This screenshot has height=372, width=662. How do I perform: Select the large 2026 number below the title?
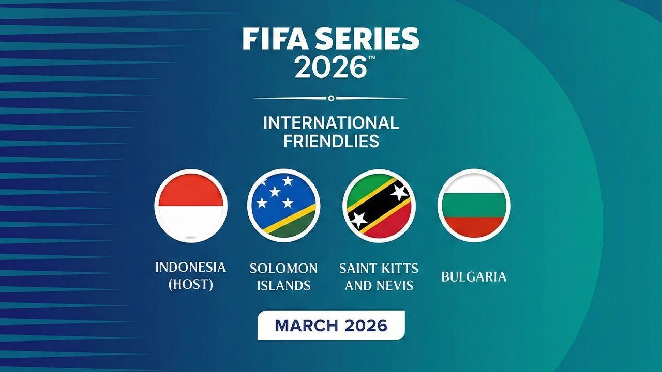click(330, 67)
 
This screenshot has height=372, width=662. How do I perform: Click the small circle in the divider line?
click(331, 98)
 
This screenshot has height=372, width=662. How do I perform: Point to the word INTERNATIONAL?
click(331, 123)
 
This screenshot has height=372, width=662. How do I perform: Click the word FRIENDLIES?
click(331, 141)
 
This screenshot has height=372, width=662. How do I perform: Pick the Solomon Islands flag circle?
click(283, 206)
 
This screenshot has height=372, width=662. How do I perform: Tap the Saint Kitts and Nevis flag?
click(379, 206)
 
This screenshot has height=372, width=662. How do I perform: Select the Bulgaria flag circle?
click(474, 206)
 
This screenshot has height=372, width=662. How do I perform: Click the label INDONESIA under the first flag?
click(191, 267)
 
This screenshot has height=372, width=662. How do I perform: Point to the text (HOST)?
click(191, 285)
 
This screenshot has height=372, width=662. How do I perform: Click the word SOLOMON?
click(283, 268)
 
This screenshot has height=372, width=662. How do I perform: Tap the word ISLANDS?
click(283, 285)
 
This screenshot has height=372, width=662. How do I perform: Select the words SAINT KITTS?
click(379, 268)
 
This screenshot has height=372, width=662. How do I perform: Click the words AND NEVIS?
click(379, 285)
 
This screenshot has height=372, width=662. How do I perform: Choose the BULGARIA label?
click(474, 276)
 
